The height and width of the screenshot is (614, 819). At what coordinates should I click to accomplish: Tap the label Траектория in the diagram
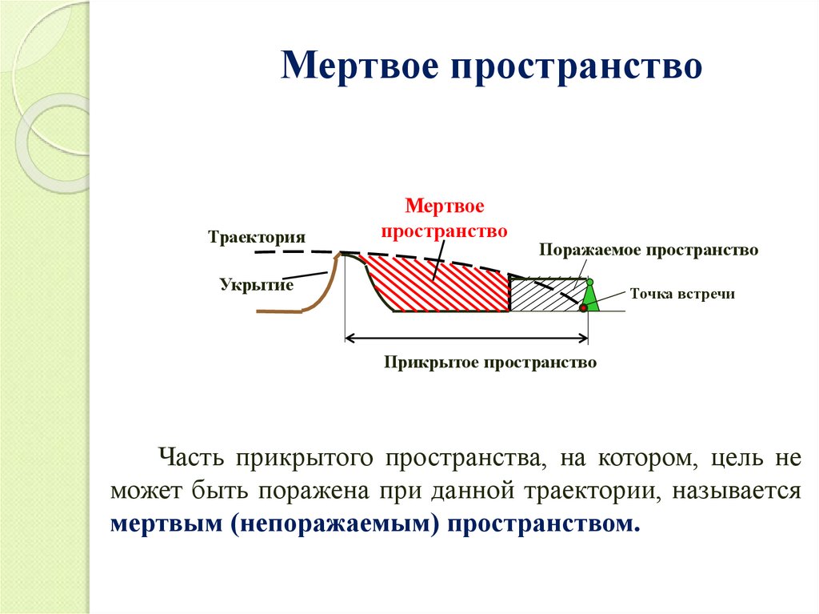pyautogui.click(x=258, y=238)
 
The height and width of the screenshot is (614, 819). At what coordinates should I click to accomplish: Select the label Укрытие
pyautogui.click(x=257, y=284)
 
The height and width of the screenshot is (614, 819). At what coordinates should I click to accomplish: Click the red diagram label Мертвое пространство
pyautogui.click(x=445, y=219)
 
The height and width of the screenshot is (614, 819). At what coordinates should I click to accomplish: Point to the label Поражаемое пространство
pyautogui.click(x=648, y=250)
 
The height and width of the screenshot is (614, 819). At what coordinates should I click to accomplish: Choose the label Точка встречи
pyautogui.click(x=681, y=294)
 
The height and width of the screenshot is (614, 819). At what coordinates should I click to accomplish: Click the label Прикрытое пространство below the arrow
pyautogui.click(x=490, y=363)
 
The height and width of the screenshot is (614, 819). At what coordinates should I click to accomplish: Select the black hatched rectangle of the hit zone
pyautogui.click(x=544, y=294)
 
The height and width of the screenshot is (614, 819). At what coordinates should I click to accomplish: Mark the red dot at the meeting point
pyautogui.click(x=584, y=307)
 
